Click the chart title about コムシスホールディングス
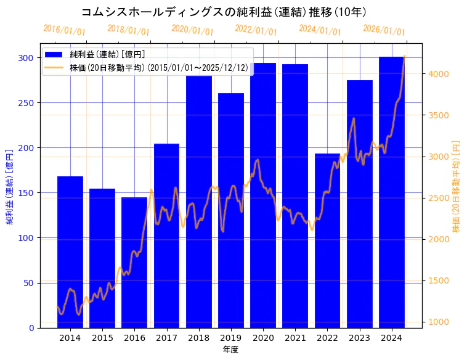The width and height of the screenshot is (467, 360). coord(224,12)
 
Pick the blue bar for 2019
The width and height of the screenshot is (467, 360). coord(231,210)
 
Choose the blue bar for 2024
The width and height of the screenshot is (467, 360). coord(391,192)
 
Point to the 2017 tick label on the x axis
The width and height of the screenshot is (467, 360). coord(166,337)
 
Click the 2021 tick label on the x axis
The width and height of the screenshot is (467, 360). coord(295,337)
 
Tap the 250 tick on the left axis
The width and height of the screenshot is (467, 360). coord(26,103)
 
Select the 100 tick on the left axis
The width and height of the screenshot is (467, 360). coord(26,238)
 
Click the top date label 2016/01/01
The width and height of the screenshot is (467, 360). coord(64,30)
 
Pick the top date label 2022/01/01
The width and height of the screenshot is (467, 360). coord(256,30)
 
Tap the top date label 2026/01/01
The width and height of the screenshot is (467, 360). coord(384,30)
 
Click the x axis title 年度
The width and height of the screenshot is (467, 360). coord(230,350)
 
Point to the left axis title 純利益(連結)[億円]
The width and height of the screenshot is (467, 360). coord(10,187)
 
